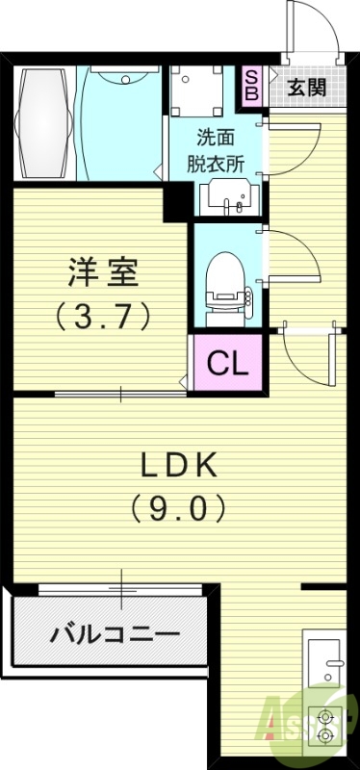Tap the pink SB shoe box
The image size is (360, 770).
(x=251, y=87)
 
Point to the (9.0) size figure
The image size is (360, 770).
(x=180, y=506)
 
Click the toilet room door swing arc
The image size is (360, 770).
(x=292, y=255)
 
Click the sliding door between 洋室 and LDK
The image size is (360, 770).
(x=120, y=393)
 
